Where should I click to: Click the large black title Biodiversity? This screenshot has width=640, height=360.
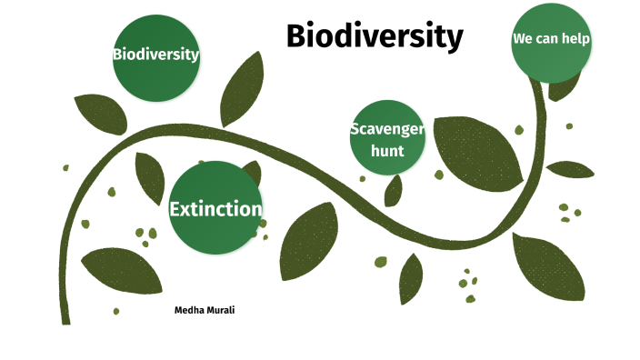tap(375, 36)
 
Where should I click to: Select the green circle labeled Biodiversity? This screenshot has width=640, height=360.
tap(155, 56)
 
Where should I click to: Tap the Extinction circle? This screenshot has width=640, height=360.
tap(215, 208)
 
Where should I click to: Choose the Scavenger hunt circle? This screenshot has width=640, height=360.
tap(387, 138)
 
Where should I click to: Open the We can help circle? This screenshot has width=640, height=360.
tap(552, 40)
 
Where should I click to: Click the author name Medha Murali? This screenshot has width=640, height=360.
tap(205, 310)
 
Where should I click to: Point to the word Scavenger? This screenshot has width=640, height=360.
tap(387, 129)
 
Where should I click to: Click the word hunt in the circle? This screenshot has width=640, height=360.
tap(387, 150)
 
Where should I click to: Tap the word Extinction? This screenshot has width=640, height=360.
tap(215, 209)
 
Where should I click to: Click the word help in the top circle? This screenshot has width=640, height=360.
tap(576, 39)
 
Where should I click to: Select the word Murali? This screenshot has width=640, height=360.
tap(221, 310)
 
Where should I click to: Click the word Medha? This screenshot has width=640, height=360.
tap(189, 310)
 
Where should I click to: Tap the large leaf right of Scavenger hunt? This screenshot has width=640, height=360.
tap(476, 149)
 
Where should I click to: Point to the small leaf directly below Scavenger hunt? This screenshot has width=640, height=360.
tap(394, 190)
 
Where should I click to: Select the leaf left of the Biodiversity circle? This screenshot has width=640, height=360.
tap(99, 114)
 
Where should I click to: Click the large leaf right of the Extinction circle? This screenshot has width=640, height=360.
tap(308, 241)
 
